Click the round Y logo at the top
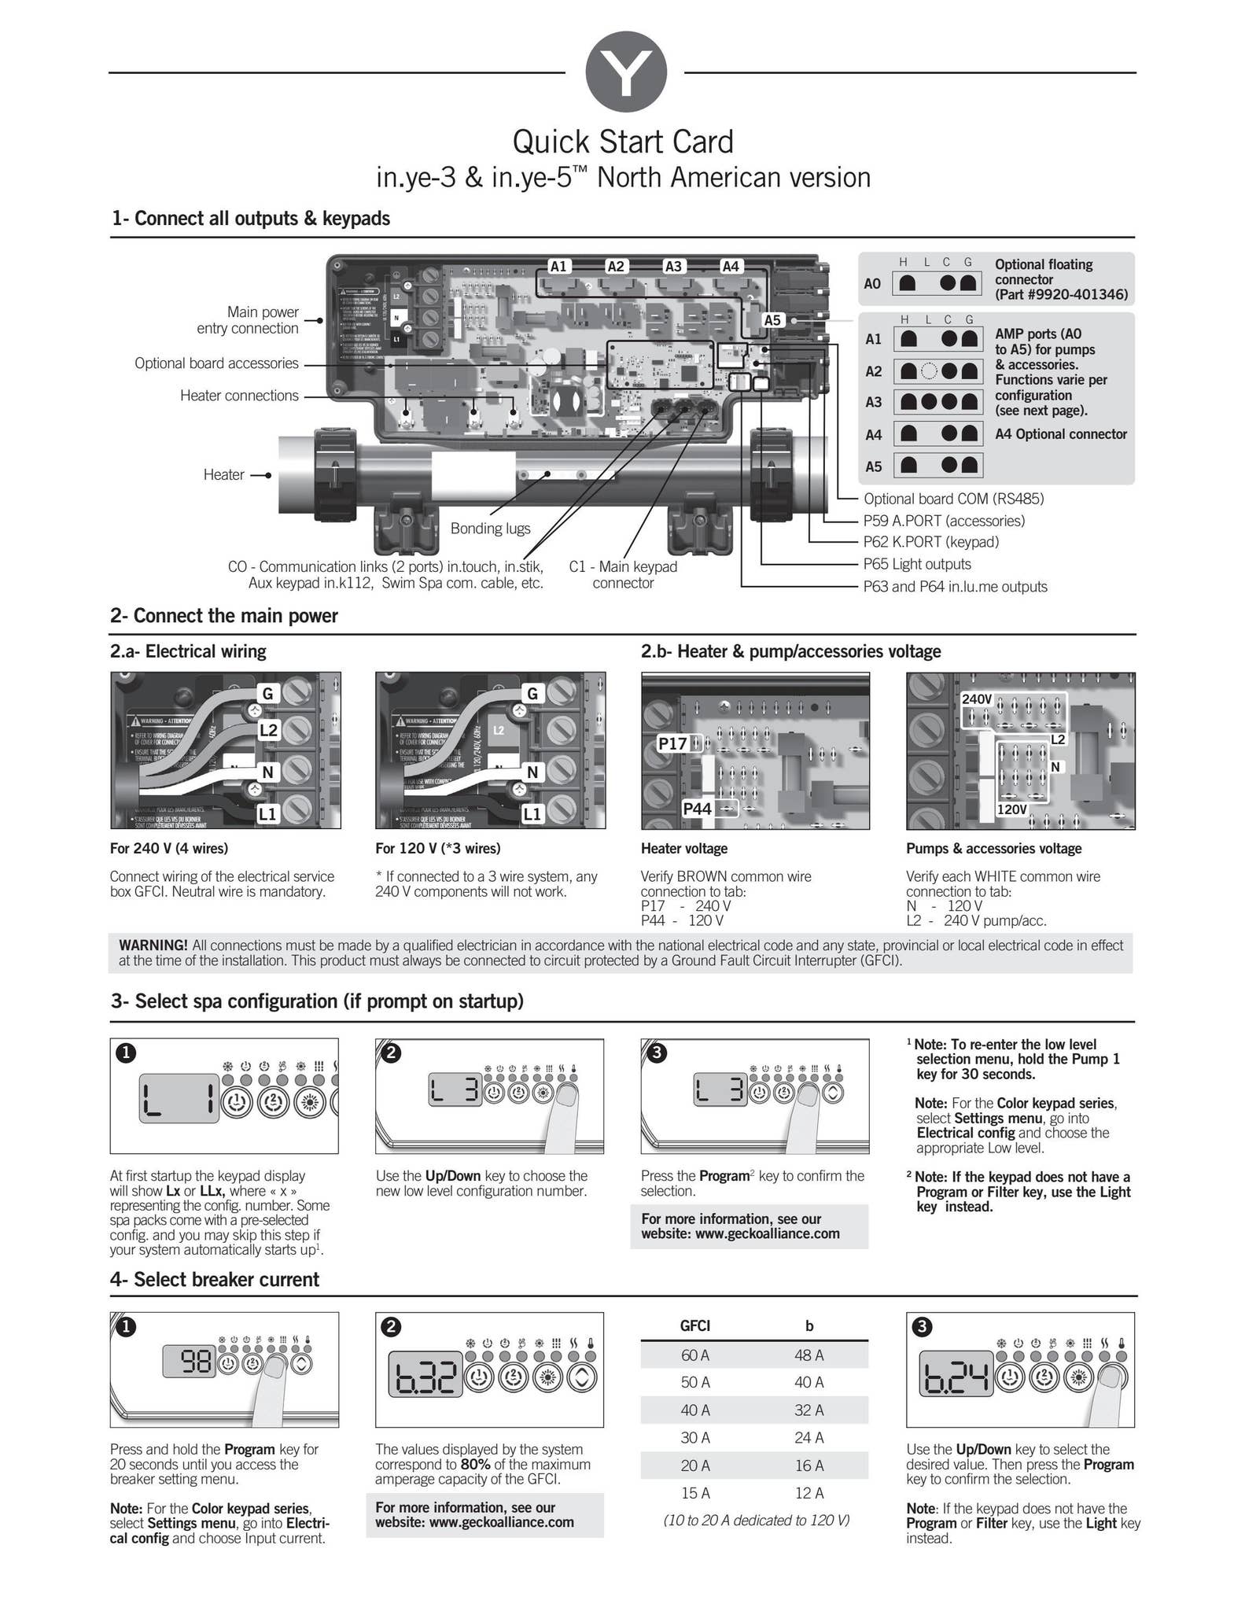626,72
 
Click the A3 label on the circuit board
673,266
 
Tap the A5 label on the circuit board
772,319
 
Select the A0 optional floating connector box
937,283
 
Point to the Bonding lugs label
490,529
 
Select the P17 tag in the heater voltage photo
672,743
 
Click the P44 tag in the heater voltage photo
697,809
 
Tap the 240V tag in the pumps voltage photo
977,699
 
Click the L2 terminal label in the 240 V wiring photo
268,730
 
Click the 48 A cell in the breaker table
809,1355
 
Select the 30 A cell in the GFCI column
695,1438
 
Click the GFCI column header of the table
695,1325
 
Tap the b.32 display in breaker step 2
425,1377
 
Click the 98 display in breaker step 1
189,1362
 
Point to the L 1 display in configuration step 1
179,1097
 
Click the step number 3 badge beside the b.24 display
922,1327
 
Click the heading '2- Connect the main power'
224,616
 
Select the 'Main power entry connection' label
248,320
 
